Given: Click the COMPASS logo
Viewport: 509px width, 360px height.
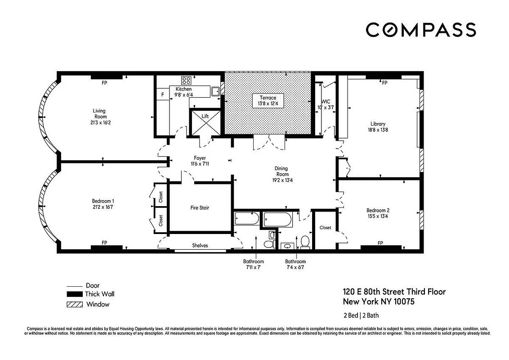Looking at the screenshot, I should pyautogui.click(x=420, y=30).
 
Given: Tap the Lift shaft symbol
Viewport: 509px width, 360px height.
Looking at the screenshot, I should pyautogui.click(x=205, y=122).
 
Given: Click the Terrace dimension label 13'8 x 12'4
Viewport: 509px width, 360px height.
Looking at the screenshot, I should pyautogui.click(x=268, y=104).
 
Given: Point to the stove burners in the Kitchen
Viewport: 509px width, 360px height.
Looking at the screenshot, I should pyautogui.click(x=186, y=81).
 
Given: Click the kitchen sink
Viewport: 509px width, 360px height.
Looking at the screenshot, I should pyautogui.click(x=216, y=91).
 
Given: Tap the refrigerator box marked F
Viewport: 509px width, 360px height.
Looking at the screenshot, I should pyautogui.click(x=162, y=95).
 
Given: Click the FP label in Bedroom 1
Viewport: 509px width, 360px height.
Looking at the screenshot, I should pyautogui.click(x=104, y=243).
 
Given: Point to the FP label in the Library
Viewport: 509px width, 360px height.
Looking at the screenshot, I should pyautogui.click(x=384, y=83).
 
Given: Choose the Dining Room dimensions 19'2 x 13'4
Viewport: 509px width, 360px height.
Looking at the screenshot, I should pyautogui.click(x=282, y=180).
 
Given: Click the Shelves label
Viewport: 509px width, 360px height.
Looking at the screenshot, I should pyautogui.click(x=200, y=246).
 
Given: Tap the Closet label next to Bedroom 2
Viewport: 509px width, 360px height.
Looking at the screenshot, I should pyautogui.click(x=325, y=228).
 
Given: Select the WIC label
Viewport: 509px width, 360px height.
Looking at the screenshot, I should pyautogui.click(x=326, y=102).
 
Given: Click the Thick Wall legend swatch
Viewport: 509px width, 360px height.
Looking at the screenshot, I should pyautogui.click(x=74, y=294).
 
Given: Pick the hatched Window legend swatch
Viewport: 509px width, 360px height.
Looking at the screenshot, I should pyautogui.click(x=74, y=304).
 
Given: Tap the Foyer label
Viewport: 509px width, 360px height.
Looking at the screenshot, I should pyautogui.click(x=200, y=158).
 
